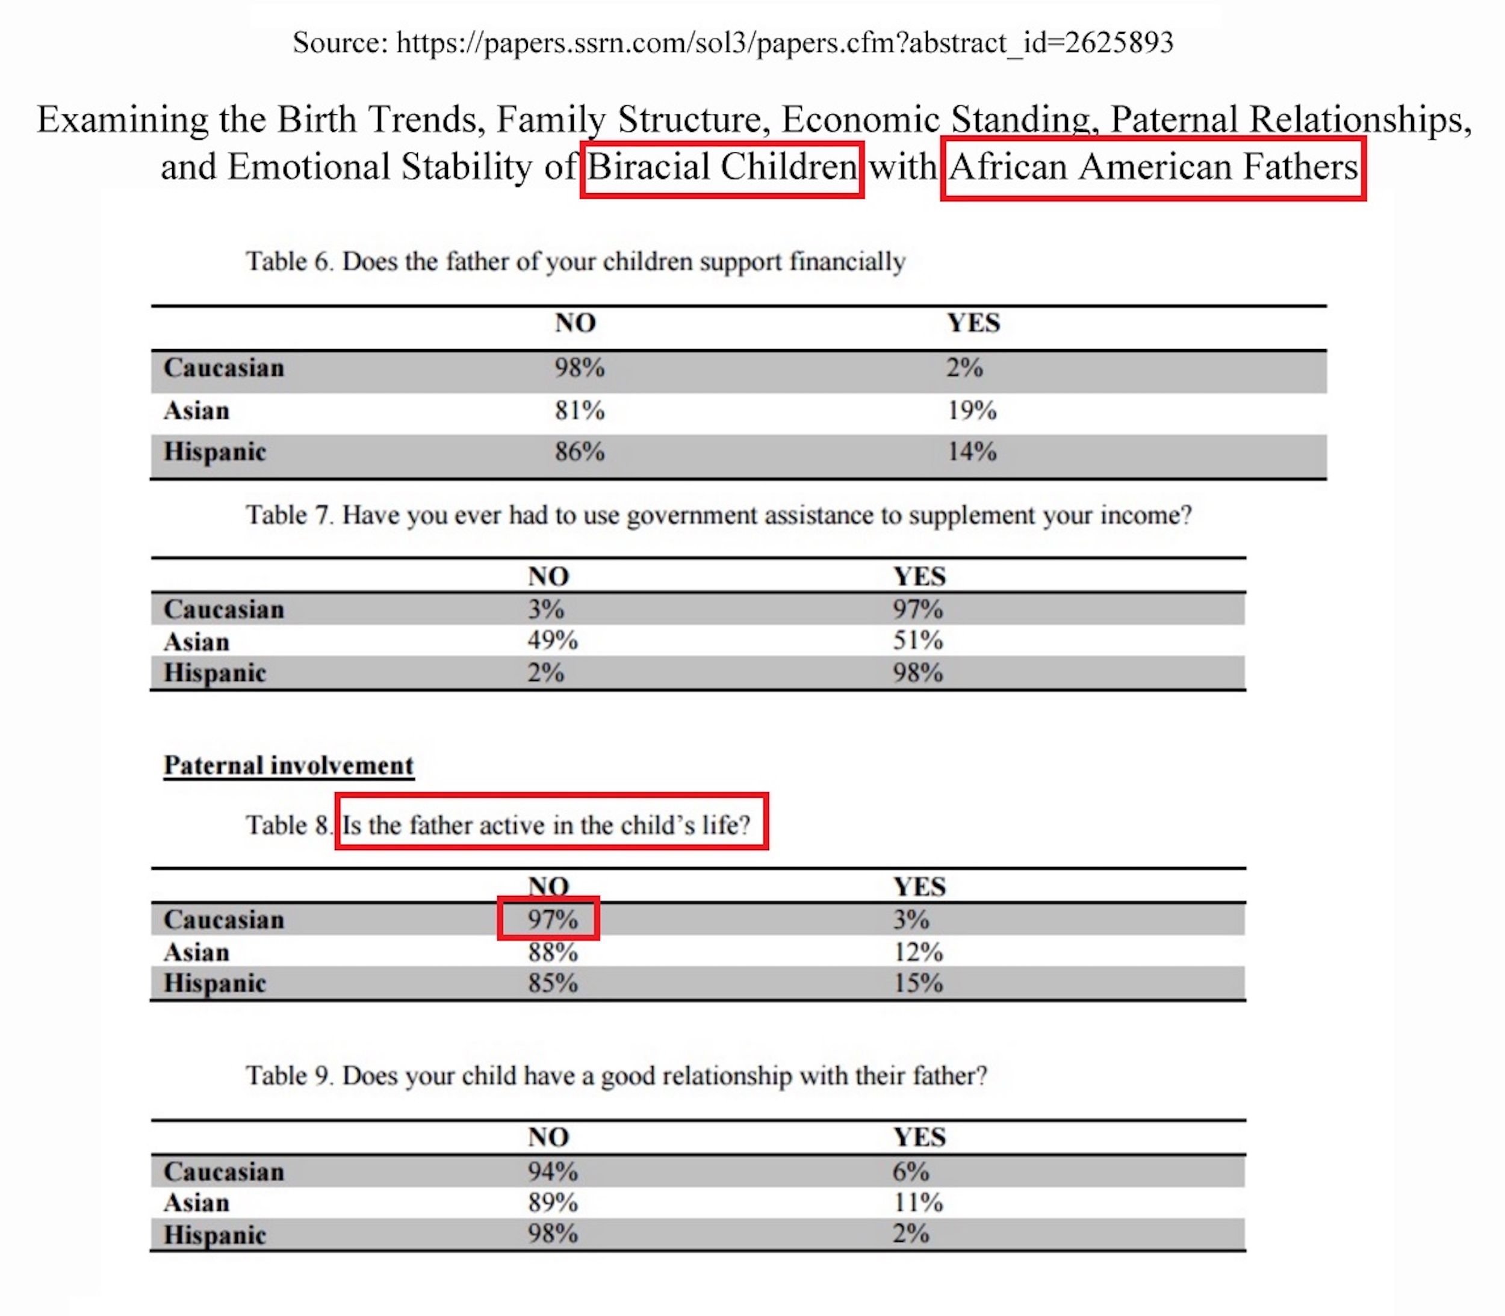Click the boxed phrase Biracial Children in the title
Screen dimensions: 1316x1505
coord(721,167)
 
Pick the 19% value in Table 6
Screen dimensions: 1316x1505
coord(971,411)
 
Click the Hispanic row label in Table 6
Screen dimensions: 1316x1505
coord(214,452)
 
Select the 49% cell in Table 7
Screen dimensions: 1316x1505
coord(553,641)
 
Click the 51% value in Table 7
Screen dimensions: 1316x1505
coord(917,641)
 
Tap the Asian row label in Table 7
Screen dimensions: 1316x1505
coord(197,642)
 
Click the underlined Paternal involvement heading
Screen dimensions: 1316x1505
coord(289,765)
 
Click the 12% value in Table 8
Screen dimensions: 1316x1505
coord(917,952)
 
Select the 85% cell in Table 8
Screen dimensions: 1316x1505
coord(553,983)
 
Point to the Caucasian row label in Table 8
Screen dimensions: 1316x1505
coord(223,920)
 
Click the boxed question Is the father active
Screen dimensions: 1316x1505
coord(551,825)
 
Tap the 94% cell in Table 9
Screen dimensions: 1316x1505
coord(553,1172)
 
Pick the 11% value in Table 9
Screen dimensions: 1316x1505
coord(917,1202)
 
